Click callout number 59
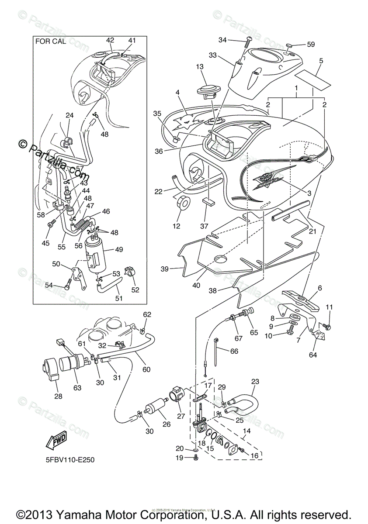311,44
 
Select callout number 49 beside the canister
119,249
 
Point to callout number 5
321,61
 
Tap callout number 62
147,314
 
